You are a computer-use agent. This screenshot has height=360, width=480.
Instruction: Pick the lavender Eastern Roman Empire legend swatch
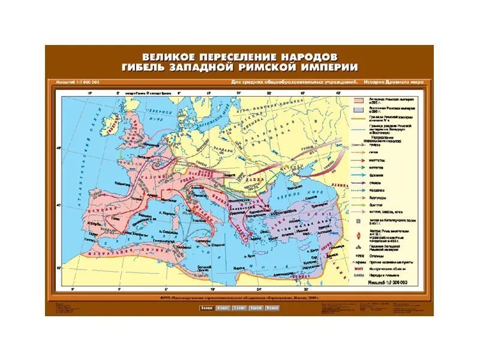pyautogui.click(x=362, y=110)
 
